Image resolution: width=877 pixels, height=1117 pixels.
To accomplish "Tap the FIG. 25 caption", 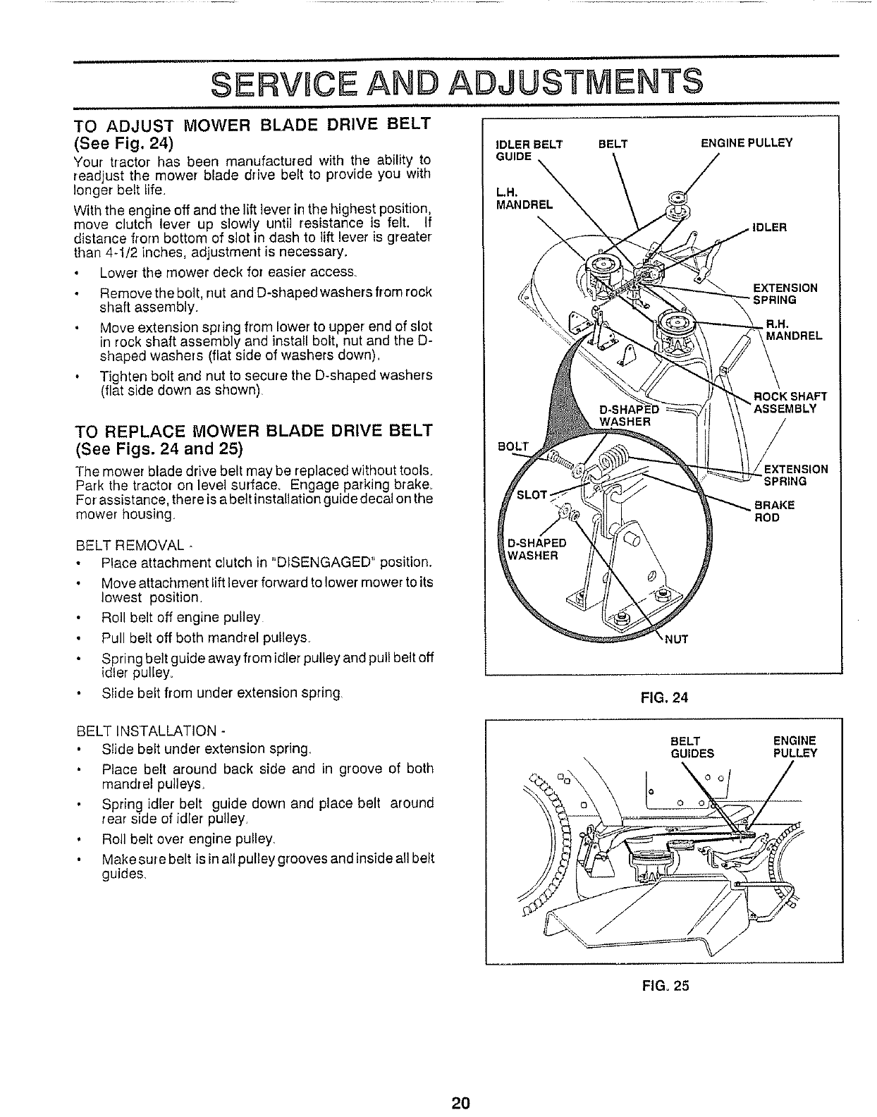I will tap(664, 986).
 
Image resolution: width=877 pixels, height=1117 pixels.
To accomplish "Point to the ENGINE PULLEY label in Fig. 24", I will tap(746, 143).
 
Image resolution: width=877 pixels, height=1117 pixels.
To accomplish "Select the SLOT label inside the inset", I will tap(532, 493).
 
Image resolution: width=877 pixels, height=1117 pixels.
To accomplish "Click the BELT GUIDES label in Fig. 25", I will tap(693, 747).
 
